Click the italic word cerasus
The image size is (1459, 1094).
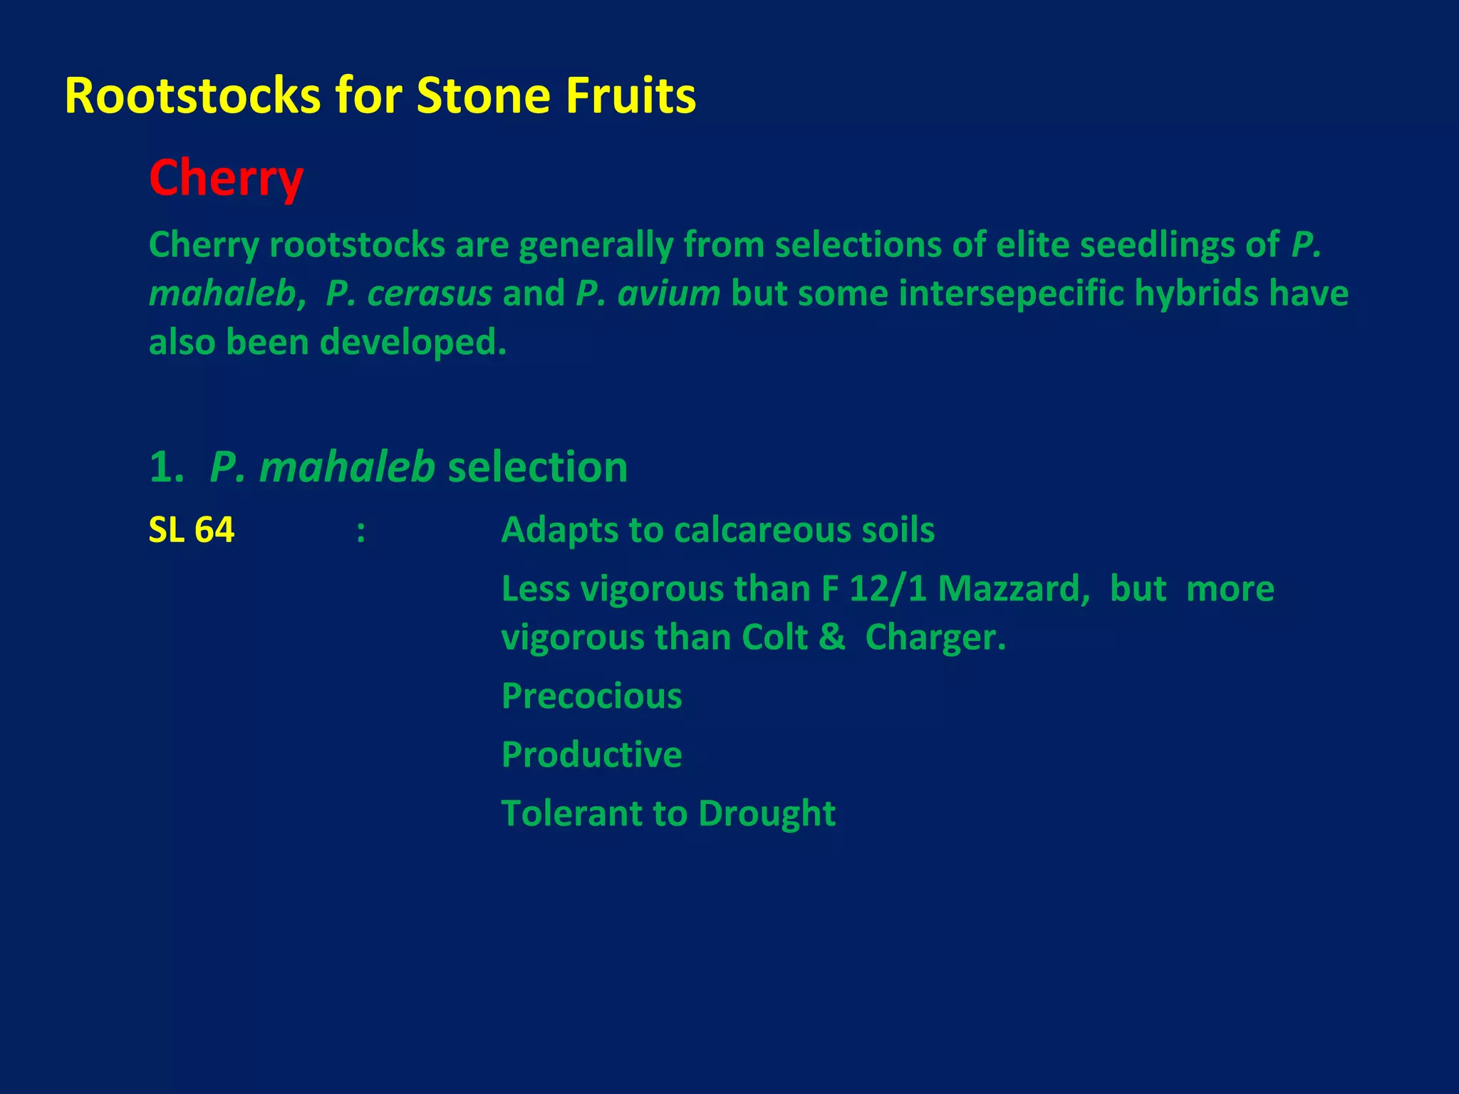(x=408, y=293)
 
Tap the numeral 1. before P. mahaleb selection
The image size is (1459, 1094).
(x=167, y=468)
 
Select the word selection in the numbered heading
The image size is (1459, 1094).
(x=537, y=468)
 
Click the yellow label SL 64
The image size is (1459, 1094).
(x=191, y=531)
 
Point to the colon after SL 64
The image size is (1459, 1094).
(x=361, y=531)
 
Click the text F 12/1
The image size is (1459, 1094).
(x=874, y=589)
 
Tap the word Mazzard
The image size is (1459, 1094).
(x=1013, y=589)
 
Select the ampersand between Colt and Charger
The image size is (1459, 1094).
(x=831, y=637)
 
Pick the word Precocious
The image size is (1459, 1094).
(x=591, y=696)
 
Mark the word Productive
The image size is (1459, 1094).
(x=591, y=754)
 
